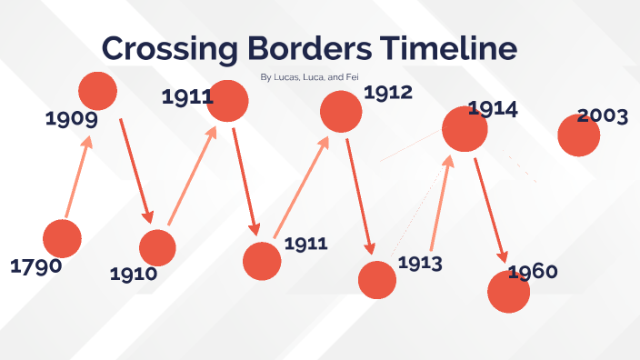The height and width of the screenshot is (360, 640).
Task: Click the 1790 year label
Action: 35,266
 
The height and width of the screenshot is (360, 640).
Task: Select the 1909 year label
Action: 71,118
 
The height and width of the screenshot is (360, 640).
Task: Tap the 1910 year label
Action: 134,273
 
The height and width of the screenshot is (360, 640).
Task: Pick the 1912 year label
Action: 388,92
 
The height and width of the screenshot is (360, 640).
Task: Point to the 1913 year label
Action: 420,264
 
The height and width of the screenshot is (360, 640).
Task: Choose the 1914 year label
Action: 493,109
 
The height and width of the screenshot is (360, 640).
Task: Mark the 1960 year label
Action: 533,272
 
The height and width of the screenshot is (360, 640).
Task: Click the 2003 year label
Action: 603,115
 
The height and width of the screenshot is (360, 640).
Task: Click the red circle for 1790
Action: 62,238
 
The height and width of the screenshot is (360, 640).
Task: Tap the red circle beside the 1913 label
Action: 377,279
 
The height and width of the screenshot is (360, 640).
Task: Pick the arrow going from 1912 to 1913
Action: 363,195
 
